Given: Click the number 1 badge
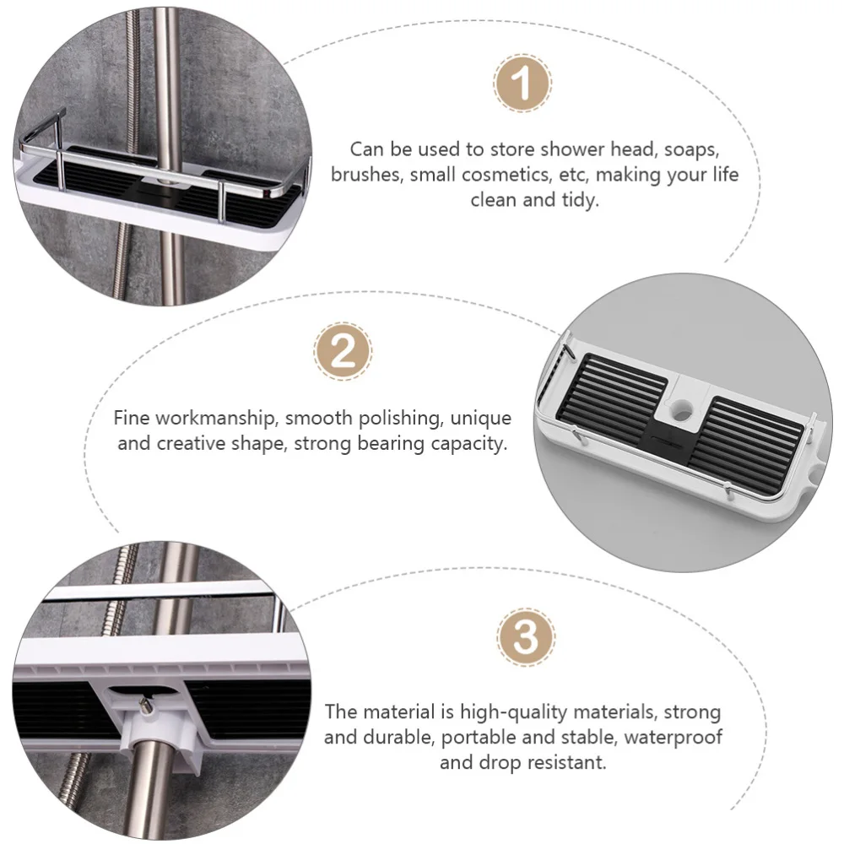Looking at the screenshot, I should [522, 84].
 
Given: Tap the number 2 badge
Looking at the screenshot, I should [343, 352].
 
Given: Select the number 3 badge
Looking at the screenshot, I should [525, 636].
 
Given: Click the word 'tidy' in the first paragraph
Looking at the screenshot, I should [581, 200].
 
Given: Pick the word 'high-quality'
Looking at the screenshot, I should [510, 712].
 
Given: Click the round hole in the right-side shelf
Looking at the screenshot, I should [684, 406].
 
